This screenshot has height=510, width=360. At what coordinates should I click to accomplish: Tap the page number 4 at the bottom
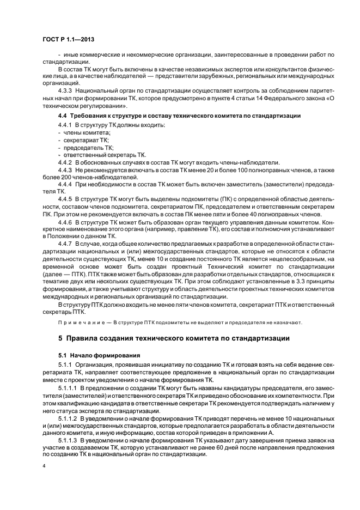point(43,466)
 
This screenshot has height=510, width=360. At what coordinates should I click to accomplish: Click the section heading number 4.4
point(63,117)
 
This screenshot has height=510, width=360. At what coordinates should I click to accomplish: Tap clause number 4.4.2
point(65,162)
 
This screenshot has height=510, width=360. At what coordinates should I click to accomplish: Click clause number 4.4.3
point(65,170)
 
